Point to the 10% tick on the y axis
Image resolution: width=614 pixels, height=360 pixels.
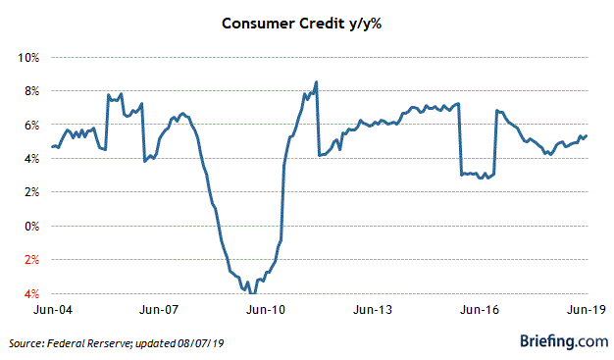pyautogui.click(x=28, y=58)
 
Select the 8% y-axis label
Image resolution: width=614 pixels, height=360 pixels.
pyautogui.click(x=31, y=91)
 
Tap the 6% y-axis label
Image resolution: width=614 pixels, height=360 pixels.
pyautogui.click(x=31, y=126)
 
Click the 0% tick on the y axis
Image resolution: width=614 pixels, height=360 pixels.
pyautogui.click(x=31, y=227)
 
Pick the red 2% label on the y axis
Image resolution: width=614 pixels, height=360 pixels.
pyautogui.click(x=31, y=260)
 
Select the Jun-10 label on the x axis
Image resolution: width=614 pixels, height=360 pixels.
pyautogui.click(x=266, y=310)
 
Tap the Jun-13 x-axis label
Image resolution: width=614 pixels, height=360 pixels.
pyautogui.click(x=373, y=310)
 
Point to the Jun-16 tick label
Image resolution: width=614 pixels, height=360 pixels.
pyautogui.click(x=479, y=310)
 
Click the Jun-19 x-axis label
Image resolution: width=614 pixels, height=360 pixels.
pyautogui.click(x=585, y=310)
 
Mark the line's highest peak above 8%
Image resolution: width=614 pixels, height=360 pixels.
pyautogui.click(x=316, y=81)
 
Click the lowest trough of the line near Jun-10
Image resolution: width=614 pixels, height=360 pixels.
pyautogui.click(x=253, y=292)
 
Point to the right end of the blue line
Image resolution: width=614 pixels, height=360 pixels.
pyautogui.click(x=588, y=135)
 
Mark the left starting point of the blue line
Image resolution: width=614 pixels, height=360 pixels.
pyautogui.click(x=52, y=147)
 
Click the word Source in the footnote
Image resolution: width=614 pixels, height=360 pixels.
pyautogui.click(x=26, y=343)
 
